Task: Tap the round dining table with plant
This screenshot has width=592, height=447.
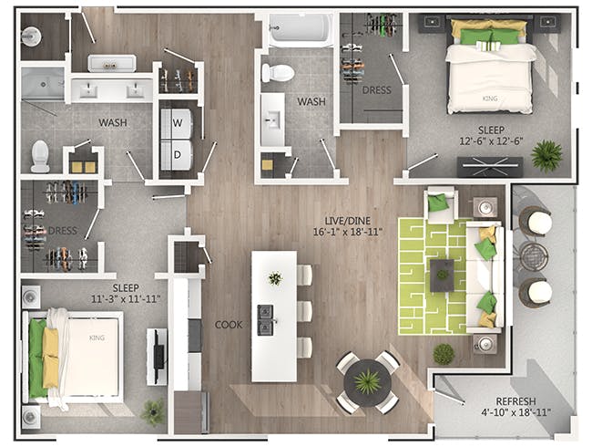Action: (367, 379)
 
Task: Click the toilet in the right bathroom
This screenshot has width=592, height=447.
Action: (278, 73)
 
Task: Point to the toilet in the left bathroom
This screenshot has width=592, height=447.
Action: (40, 156)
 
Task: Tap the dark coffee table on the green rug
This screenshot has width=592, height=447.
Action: (443, 272)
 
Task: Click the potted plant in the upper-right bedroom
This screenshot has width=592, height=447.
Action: (546, 155)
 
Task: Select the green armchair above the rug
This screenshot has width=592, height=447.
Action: (441, 203)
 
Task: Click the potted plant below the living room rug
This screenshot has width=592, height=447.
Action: (444, 353)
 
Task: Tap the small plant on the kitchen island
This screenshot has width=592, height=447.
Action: (274, 278)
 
